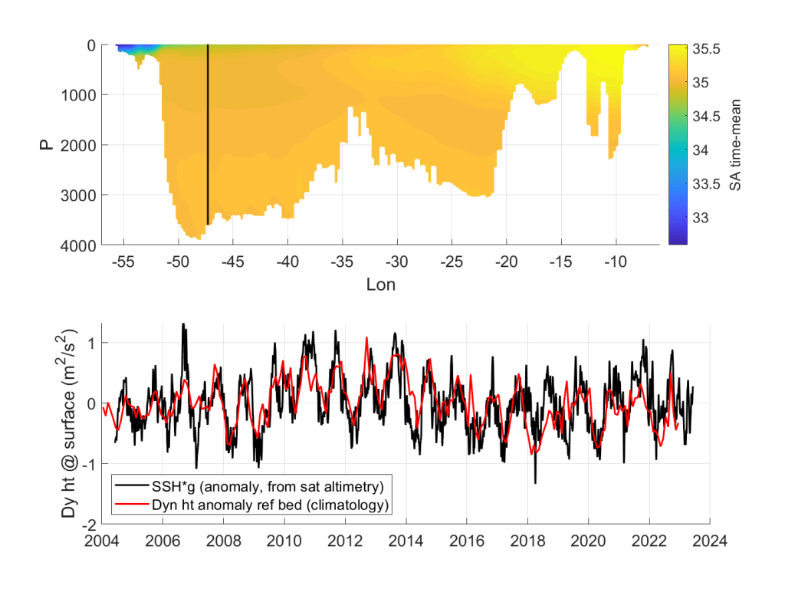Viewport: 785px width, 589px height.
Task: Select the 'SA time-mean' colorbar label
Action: click(734, 144)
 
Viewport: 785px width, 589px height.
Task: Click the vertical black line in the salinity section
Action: click(208, 138)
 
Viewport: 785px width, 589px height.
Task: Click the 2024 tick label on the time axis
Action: click(711, 540)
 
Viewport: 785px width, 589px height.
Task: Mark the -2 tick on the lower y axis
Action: click(90, 524)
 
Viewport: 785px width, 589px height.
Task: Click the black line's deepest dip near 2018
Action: click(535, 482)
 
